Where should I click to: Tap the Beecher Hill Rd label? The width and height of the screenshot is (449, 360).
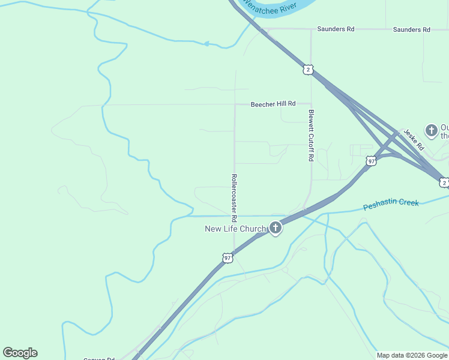coord(273,104)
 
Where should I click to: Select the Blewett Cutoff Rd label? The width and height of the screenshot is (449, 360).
coord(311,135)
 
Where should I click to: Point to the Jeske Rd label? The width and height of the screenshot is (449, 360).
coord(414,140)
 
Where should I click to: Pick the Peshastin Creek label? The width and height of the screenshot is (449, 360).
coord(391,205)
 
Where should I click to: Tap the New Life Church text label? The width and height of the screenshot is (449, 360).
coord(235,229)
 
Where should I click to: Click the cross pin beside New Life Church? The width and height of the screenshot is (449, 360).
coord(276,227)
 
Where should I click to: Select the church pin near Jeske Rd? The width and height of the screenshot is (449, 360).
coord(431,130)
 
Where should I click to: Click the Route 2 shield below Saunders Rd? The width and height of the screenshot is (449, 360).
coord(308,70)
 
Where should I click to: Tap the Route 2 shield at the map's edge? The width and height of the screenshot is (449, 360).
coord(444,182)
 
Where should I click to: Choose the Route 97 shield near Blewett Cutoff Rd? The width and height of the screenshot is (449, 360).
coord(371,161)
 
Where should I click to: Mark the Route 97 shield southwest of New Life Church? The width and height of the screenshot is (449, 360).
coord(227,258)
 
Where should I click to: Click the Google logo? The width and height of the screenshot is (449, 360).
coord(20,353)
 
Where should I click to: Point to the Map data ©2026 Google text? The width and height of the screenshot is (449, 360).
coord(412,355)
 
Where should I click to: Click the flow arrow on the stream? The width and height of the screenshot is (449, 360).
coord(206,44)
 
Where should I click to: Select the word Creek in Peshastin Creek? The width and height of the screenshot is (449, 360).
coord(406,203)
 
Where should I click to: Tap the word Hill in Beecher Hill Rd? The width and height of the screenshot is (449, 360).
coord(281,104)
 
